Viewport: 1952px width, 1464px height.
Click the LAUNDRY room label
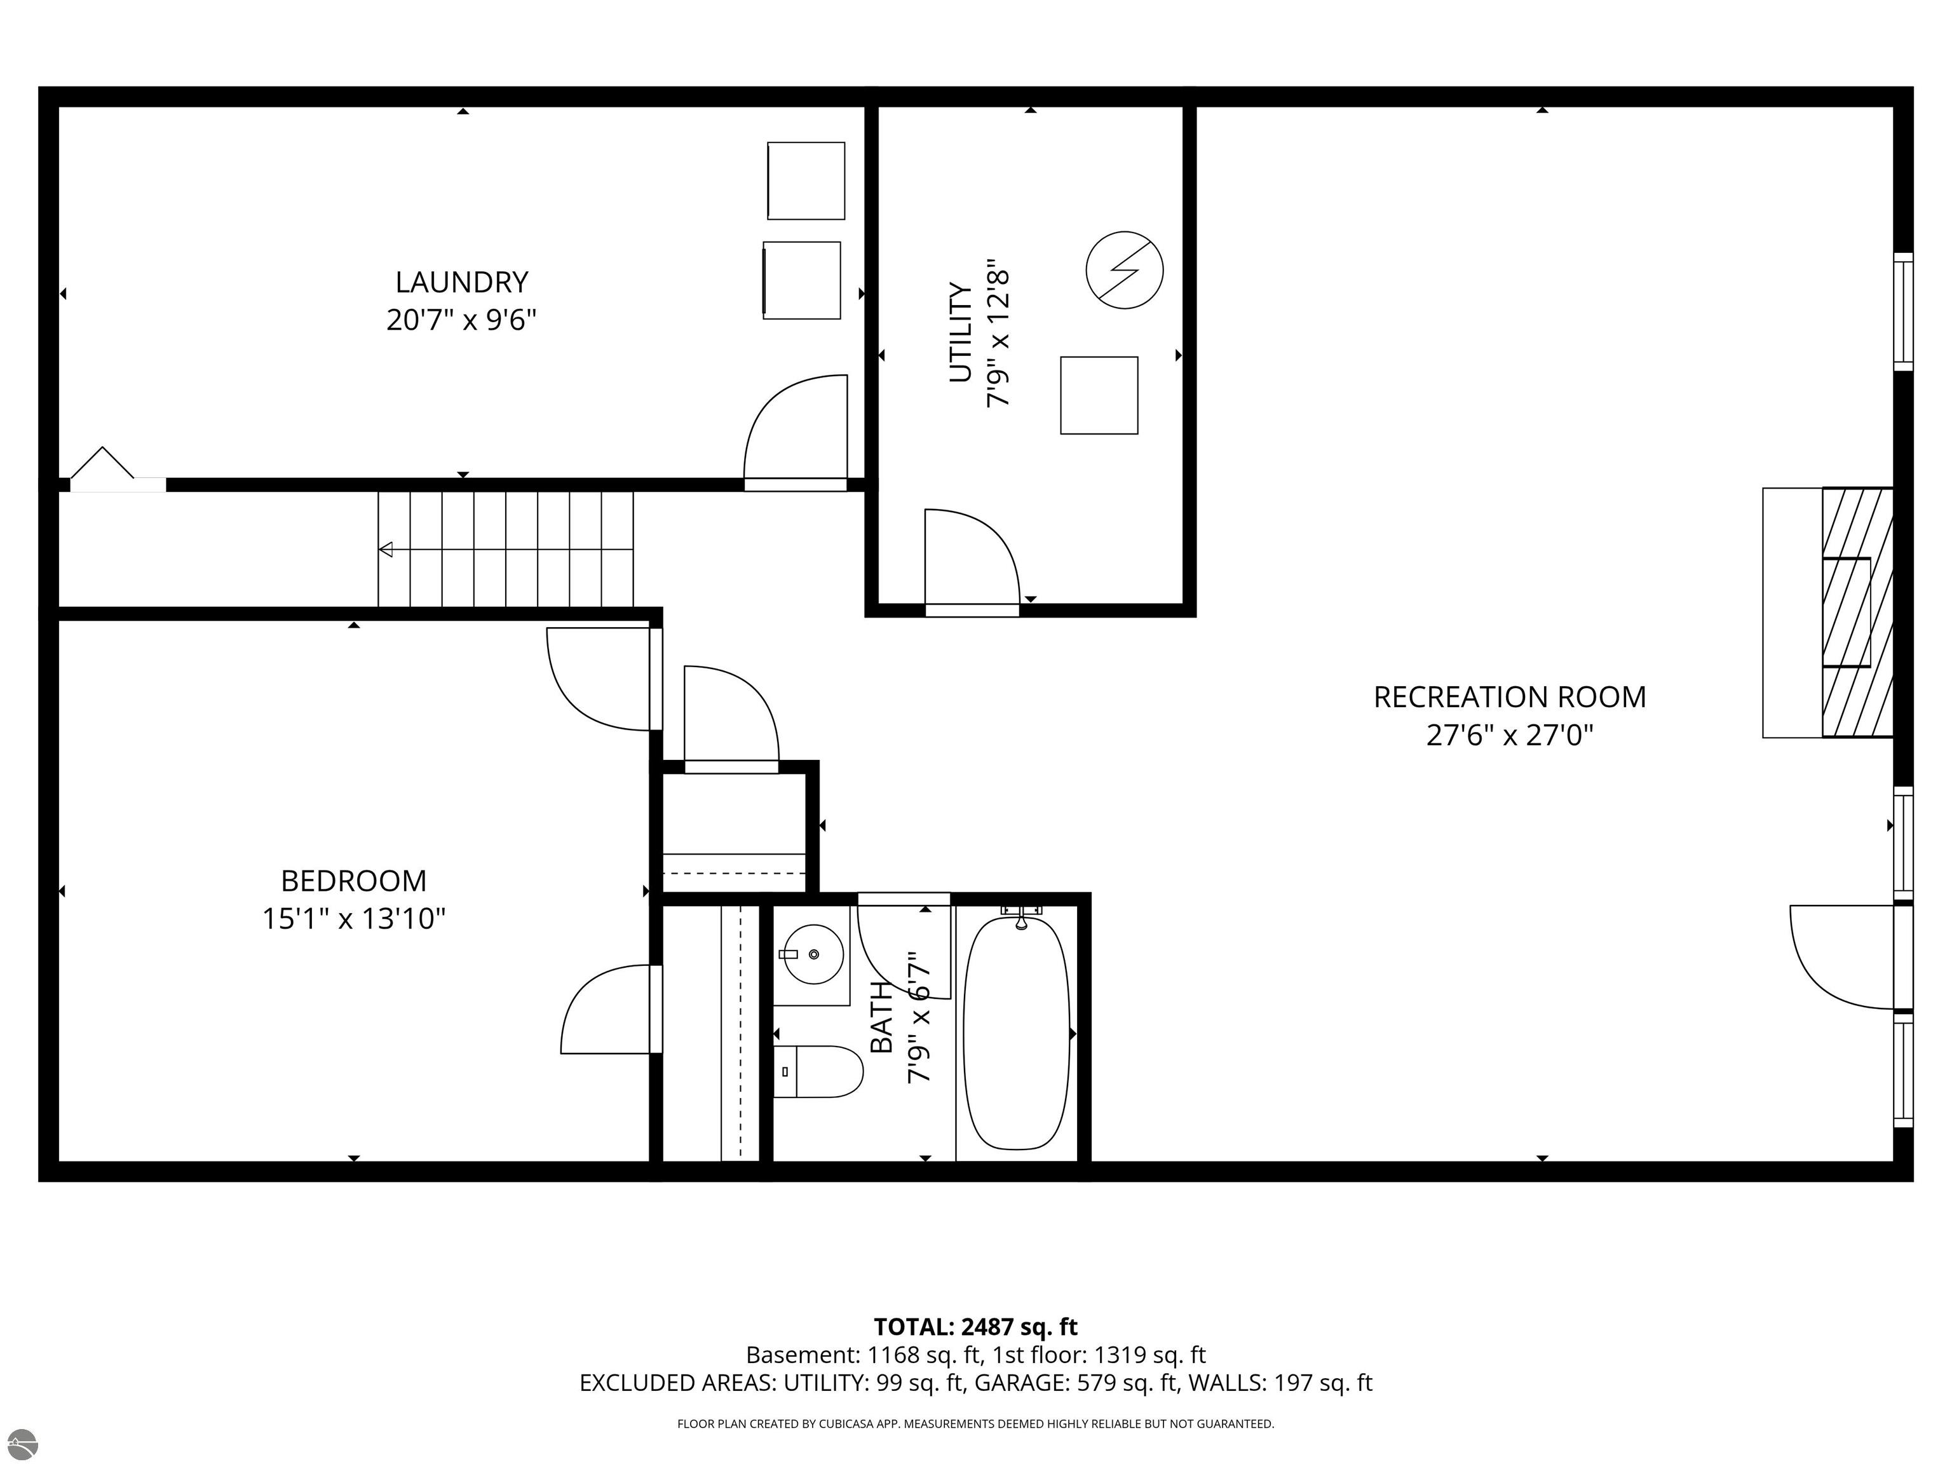point(461,282)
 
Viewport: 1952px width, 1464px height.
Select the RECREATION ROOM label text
point(1509,697)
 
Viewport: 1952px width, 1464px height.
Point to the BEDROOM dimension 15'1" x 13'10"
point(354,919)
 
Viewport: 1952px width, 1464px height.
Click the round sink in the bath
point(813,954)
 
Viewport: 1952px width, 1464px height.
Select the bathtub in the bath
point(1017,1033)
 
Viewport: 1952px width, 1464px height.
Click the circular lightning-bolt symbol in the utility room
point(1124,270)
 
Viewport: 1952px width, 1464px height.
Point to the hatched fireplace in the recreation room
point(1857,613)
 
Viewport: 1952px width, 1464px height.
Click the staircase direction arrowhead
point(386,550)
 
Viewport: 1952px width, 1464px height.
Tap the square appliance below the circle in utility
point(1099,395)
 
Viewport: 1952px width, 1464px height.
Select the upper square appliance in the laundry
point(806,181)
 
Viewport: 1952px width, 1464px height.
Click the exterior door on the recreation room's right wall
point(1845,956)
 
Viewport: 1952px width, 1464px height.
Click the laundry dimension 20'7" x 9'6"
point(461,320)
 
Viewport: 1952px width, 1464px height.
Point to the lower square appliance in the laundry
point(801,280)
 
